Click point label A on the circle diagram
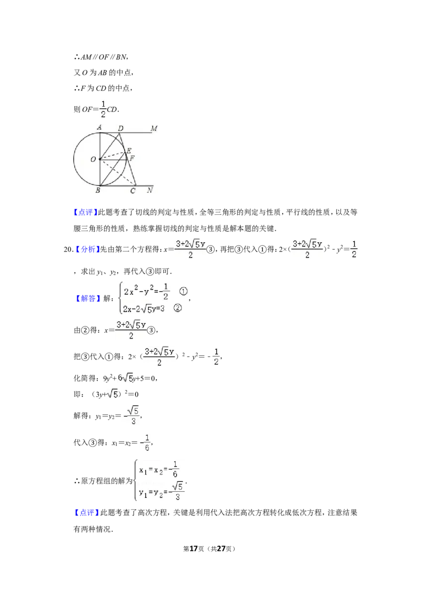point(99,127)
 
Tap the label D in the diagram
point(121,128)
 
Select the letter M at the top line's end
point(154,128)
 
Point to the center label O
point(93,159)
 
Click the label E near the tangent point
point(129,151)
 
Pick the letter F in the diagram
point(132,157)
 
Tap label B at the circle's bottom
point(98,190)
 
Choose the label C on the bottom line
point(133,191)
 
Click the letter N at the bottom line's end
point(150,190)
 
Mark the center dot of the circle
point(99,158)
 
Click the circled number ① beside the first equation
point(183,291)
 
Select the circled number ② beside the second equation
point(177,309)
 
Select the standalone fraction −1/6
point(146,443)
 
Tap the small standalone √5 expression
point(112,394)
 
